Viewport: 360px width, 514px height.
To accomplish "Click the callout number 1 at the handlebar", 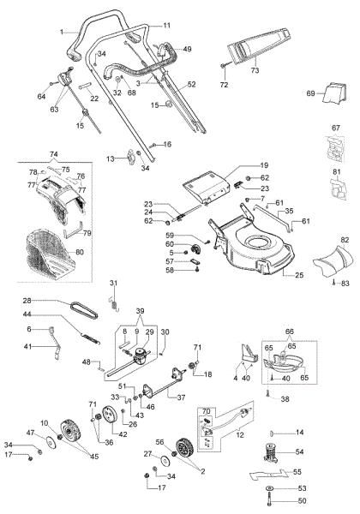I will pyautogui.click(x=62, y=32).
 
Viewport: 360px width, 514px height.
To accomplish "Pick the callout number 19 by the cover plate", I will pyautogui.click(x=264, y=164).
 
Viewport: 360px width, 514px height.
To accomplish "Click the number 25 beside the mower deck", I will pyautogui.click(x=299, y=276).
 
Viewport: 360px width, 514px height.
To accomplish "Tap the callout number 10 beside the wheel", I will pyautogui.click(x=44, y=422).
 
